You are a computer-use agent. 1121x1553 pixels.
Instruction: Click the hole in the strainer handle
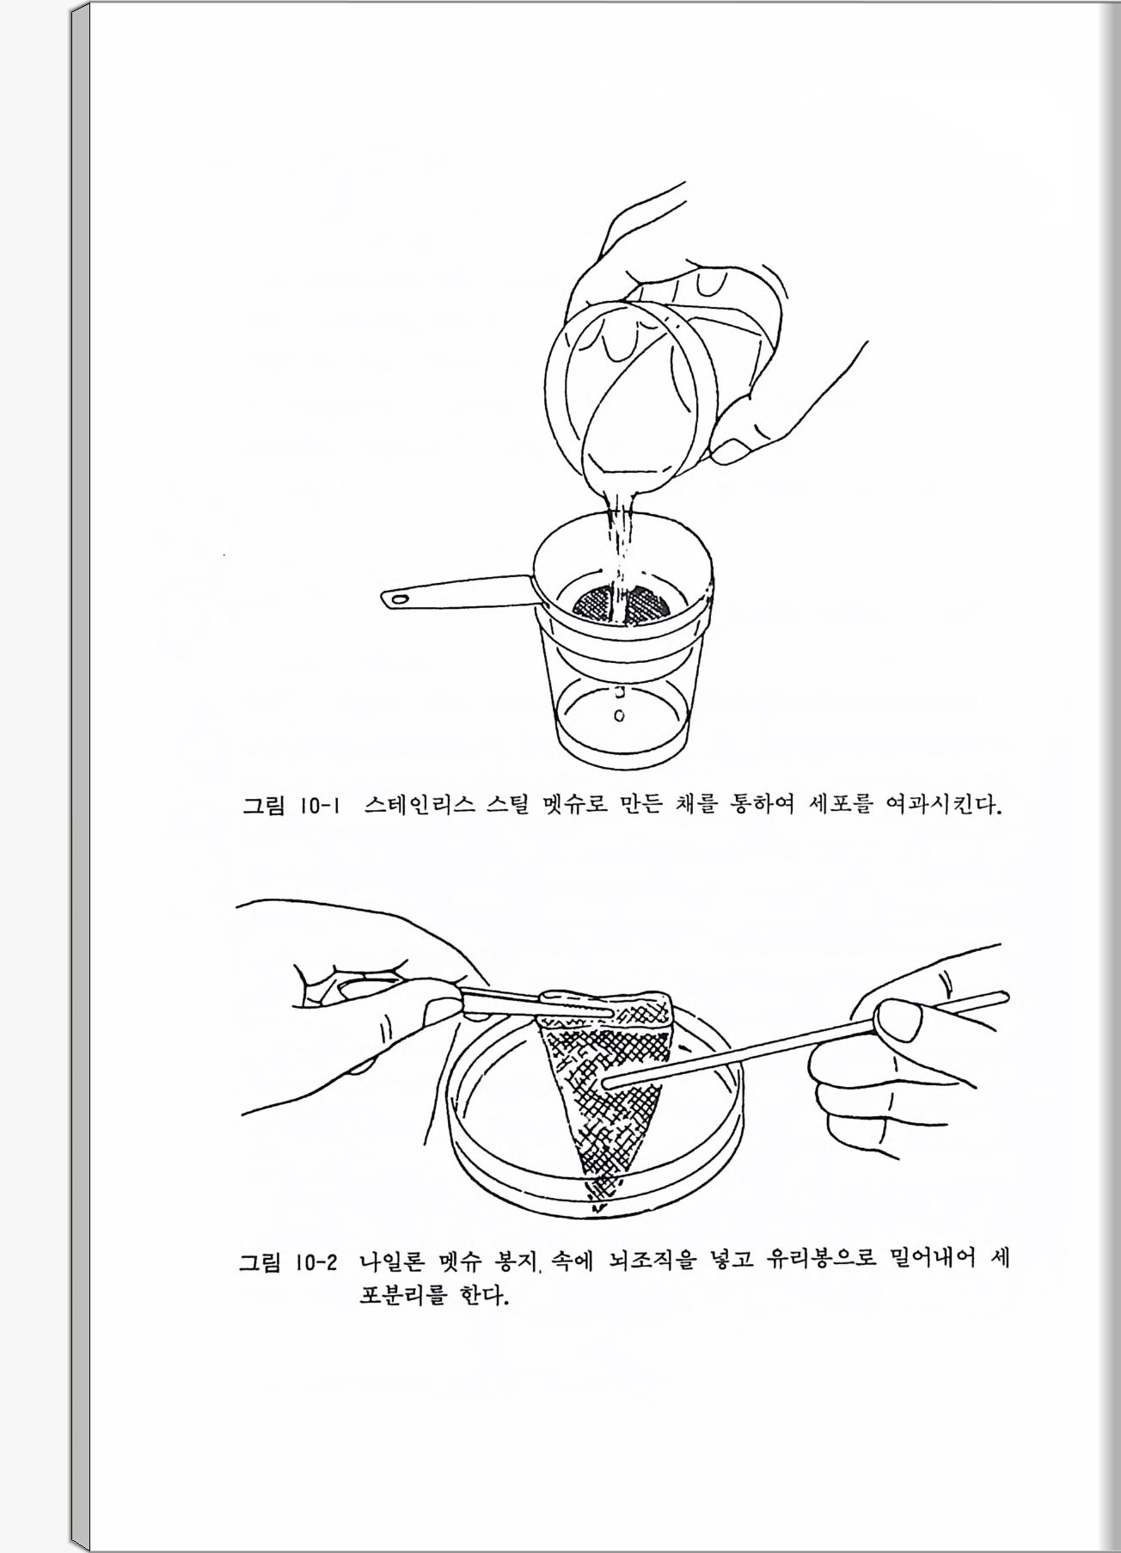point(398,597)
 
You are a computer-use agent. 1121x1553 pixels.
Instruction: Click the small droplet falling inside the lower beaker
point(619,715)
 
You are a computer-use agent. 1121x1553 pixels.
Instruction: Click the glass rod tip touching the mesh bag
point(607,1083)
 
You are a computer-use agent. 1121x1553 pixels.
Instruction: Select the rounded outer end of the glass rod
point(1002,997)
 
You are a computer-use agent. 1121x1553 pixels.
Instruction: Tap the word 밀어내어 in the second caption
point(933,1261)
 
